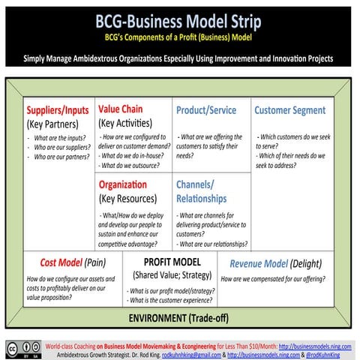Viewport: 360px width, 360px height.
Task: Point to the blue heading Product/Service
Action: [206, 110]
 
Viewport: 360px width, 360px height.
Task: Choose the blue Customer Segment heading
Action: [289, 110]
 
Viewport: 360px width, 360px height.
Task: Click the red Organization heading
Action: [123, 184]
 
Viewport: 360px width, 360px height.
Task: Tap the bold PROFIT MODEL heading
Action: [172, 262]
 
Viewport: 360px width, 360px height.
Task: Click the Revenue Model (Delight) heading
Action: [277, 263]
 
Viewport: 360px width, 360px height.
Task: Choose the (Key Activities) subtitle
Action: [125, 122]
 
